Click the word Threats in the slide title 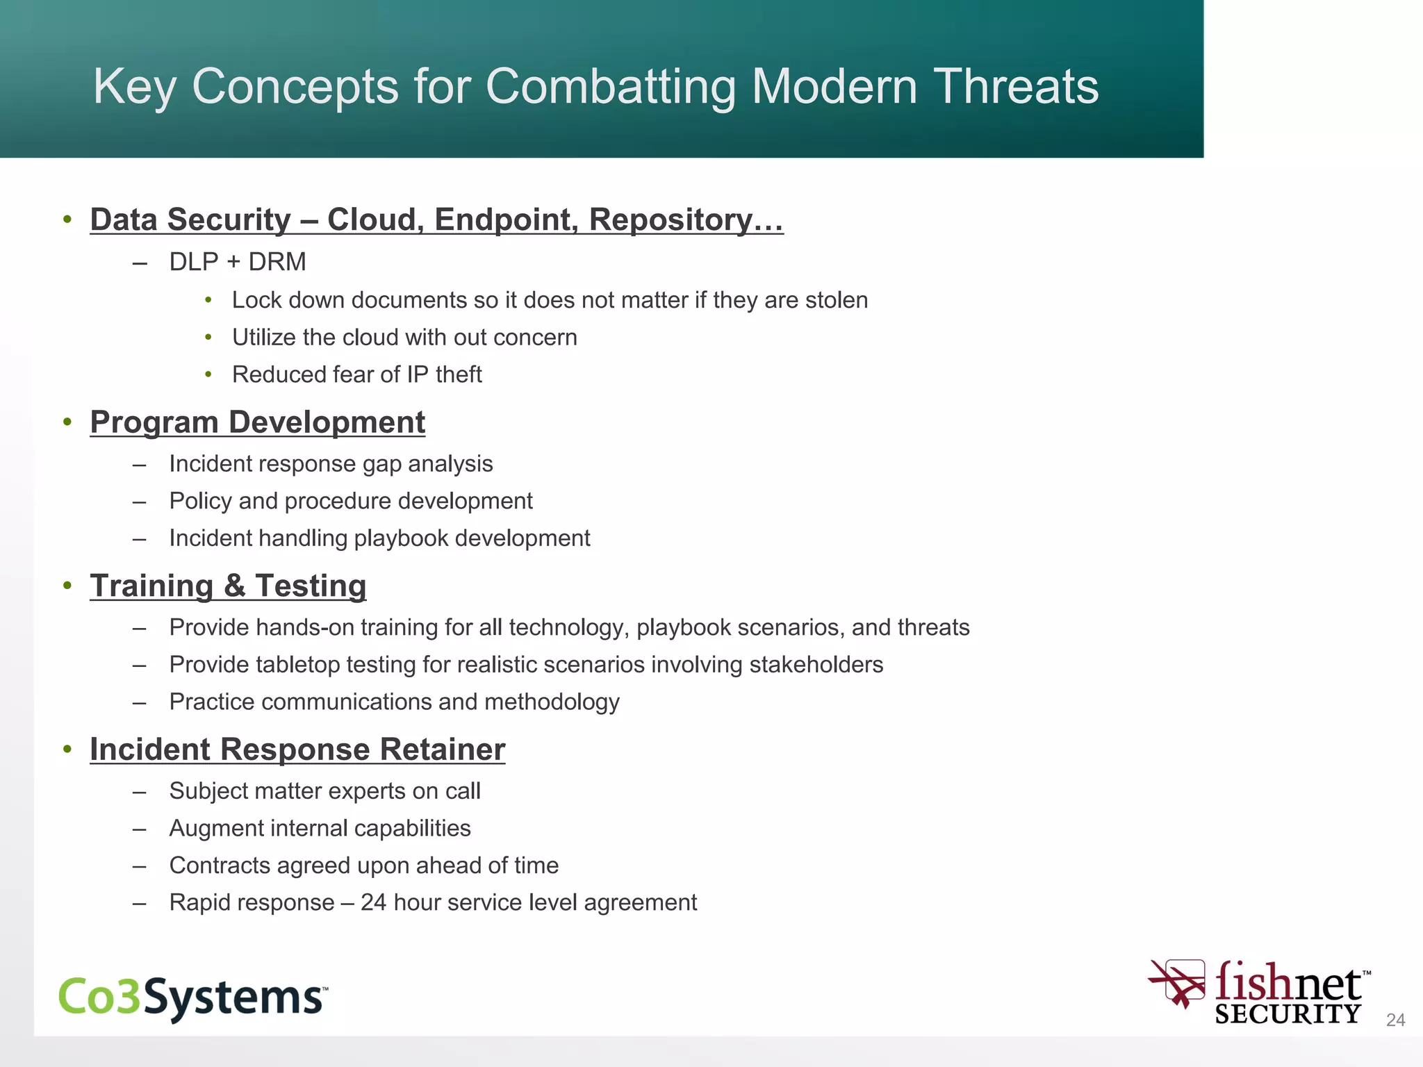pos(1015,87)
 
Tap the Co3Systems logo pos(192,998)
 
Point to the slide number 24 pos(1395,1020)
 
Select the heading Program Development pos(257,422)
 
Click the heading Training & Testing pos(228,586)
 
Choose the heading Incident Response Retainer pos(297,750)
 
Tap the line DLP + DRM pos(238,262)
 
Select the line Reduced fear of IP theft pos(356,374)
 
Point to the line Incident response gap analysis pos(331,464)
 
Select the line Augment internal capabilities pos(320,829)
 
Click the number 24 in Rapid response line pos(373,902)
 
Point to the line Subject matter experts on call pos(324,791)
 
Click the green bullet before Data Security pos(67,220)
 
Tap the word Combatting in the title pos(609,87)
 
